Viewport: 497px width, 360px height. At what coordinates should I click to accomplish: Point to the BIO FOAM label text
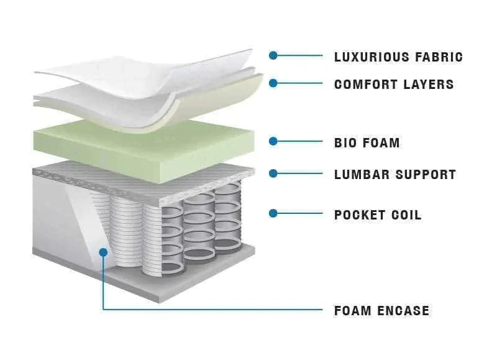point(367,143)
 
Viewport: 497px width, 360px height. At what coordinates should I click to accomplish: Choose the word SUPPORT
point(426,175)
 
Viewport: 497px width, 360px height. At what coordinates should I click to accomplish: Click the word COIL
point(406,215)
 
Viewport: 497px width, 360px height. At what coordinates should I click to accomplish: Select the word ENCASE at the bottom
point(403,310)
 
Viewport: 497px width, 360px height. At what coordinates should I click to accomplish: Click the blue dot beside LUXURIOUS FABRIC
point(273,55)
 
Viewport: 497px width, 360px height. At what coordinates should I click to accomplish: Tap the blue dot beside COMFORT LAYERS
point(273,82)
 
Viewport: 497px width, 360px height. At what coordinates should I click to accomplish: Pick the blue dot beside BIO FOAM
point(273,141)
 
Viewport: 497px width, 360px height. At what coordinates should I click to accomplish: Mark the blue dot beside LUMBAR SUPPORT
point(273,173)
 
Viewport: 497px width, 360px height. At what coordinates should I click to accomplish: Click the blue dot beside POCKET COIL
point(273,213)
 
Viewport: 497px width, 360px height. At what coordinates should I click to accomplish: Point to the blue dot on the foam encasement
point(103,252)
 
